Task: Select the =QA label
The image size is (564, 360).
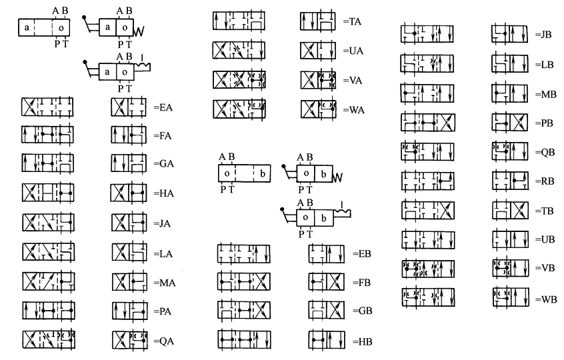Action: point(164,339)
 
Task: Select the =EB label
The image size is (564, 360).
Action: point(361,254)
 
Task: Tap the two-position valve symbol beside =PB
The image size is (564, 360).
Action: point(509,123)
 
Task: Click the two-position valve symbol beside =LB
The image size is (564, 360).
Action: point(509,65)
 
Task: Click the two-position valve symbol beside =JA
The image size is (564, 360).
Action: point(128,222)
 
